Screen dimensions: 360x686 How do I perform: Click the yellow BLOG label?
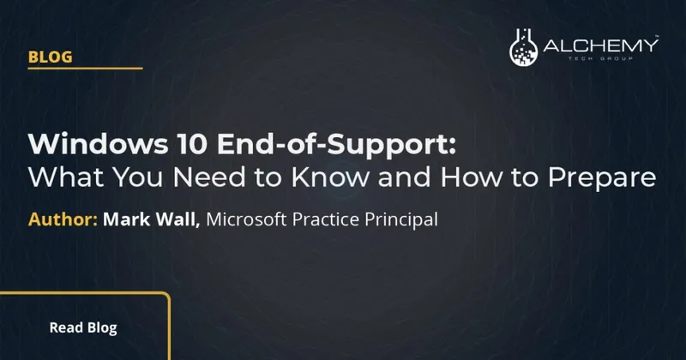click(x=49, y=57)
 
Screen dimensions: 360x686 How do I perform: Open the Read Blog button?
click(x=83, y=327)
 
